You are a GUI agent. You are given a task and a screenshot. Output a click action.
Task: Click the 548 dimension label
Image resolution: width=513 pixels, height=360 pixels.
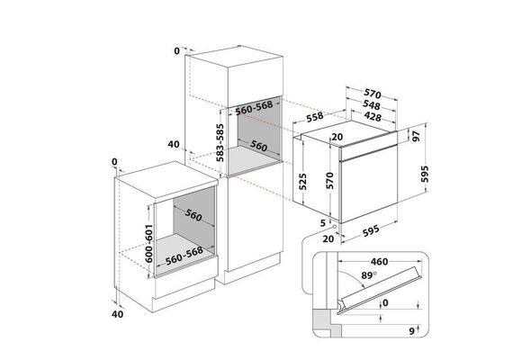point(372,105)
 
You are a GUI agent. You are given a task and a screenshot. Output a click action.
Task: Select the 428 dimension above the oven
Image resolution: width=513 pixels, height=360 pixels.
point(373,116)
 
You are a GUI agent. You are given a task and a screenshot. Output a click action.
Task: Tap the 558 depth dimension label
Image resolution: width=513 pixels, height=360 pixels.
point(315,117)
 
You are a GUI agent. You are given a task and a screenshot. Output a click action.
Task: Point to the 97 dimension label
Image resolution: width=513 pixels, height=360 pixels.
point(416,136)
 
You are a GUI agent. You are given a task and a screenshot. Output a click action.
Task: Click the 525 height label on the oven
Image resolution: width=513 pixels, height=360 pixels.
point(303,182)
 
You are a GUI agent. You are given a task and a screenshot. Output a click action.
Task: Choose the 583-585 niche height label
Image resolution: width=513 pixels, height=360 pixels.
point(220,143)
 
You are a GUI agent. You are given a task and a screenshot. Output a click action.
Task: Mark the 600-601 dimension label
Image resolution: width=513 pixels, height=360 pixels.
point(148,243)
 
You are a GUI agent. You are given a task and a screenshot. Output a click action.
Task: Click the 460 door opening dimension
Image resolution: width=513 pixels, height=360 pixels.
point(379,262)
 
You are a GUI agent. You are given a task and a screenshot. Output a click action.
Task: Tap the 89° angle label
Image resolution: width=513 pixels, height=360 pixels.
point(369,275)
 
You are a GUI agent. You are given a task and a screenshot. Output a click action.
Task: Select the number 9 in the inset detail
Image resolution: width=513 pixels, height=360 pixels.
point(412,331)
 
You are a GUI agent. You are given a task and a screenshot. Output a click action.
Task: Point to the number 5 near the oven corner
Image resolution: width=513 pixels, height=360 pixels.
point(323,223)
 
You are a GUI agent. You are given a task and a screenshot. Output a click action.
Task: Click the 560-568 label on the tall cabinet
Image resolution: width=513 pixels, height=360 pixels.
point(254,108)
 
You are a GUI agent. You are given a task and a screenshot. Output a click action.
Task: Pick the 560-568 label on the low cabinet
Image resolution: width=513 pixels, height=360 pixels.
point(184,256)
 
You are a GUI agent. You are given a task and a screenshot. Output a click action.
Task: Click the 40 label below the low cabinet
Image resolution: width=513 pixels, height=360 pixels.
point(118,314)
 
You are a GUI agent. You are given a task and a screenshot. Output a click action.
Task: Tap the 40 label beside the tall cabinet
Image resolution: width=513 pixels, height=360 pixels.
point(174,144)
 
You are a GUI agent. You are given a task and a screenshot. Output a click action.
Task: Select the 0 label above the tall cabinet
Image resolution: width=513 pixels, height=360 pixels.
point(177,51)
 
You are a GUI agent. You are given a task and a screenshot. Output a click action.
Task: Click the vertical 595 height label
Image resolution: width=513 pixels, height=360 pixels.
point(424,174)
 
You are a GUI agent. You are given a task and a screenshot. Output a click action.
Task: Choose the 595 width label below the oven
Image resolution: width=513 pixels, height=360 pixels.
point(372,230)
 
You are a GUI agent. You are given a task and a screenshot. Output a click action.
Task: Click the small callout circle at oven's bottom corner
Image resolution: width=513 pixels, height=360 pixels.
point(335,226)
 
